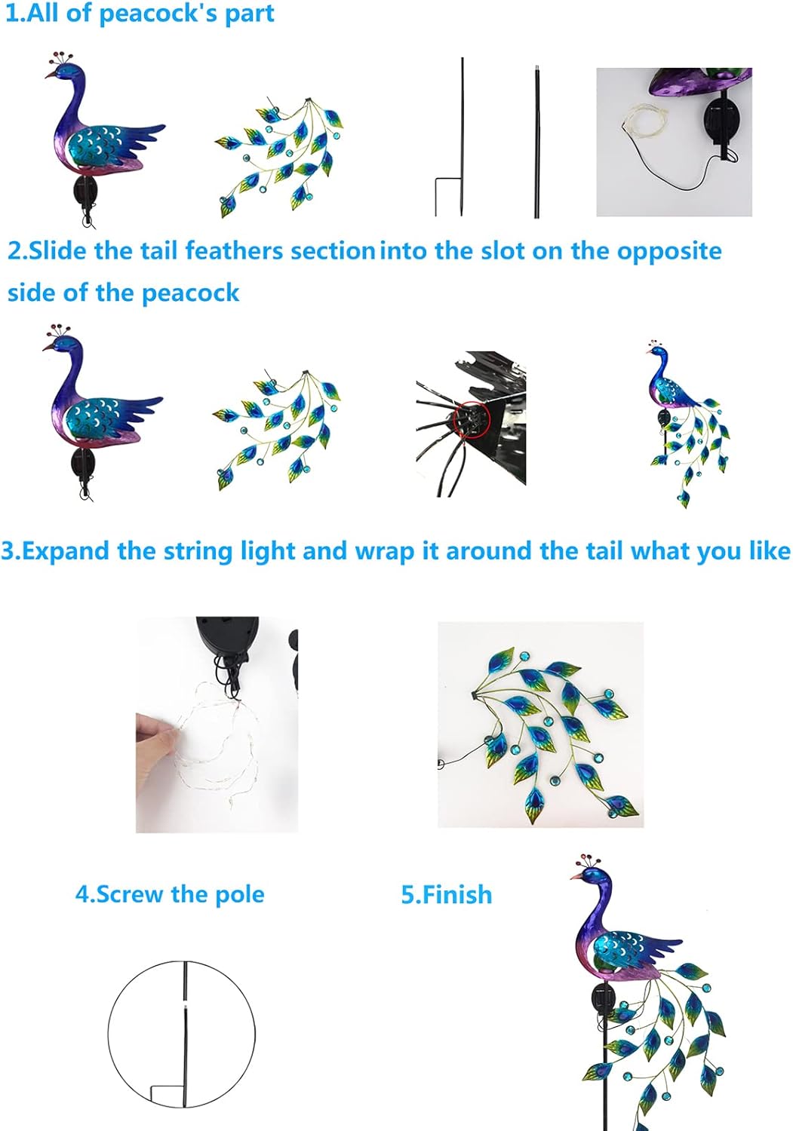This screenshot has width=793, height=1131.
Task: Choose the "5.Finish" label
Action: [x=446, y=895]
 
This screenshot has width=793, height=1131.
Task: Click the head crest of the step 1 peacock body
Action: [x=59, y=59]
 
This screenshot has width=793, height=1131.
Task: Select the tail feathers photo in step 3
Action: [x=540, y=725]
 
